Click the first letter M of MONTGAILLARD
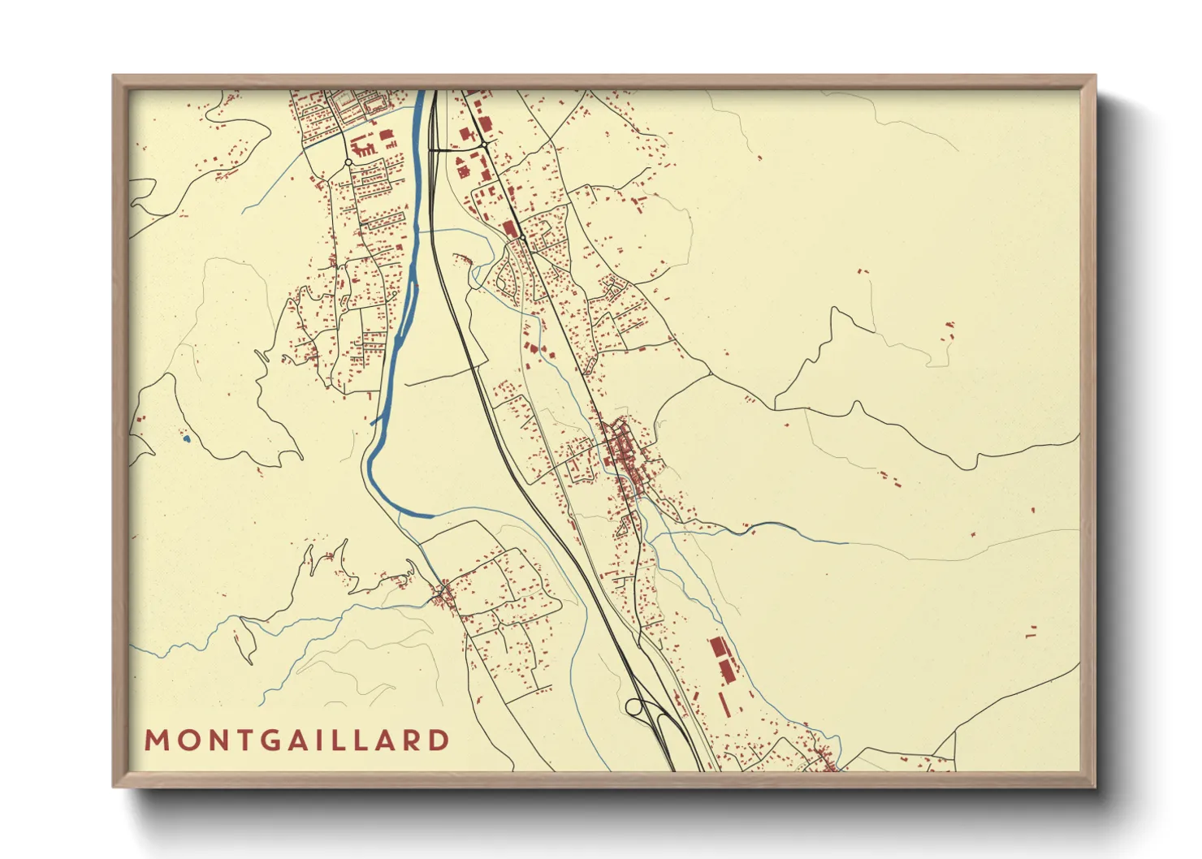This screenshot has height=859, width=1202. point(154,740)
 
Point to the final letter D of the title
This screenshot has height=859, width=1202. point(439,740)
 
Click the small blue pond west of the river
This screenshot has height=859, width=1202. point(186,439)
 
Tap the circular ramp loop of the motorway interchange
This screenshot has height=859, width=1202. point(634,707)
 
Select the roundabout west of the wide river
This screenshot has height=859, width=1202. point(348,163)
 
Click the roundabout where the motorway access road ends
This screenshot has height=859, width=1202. point(485,145)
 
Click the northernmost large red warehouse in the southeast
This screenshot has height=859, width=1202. point(717,648)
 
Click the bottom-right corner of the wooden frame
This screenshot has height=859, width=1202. point(1094,786)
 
